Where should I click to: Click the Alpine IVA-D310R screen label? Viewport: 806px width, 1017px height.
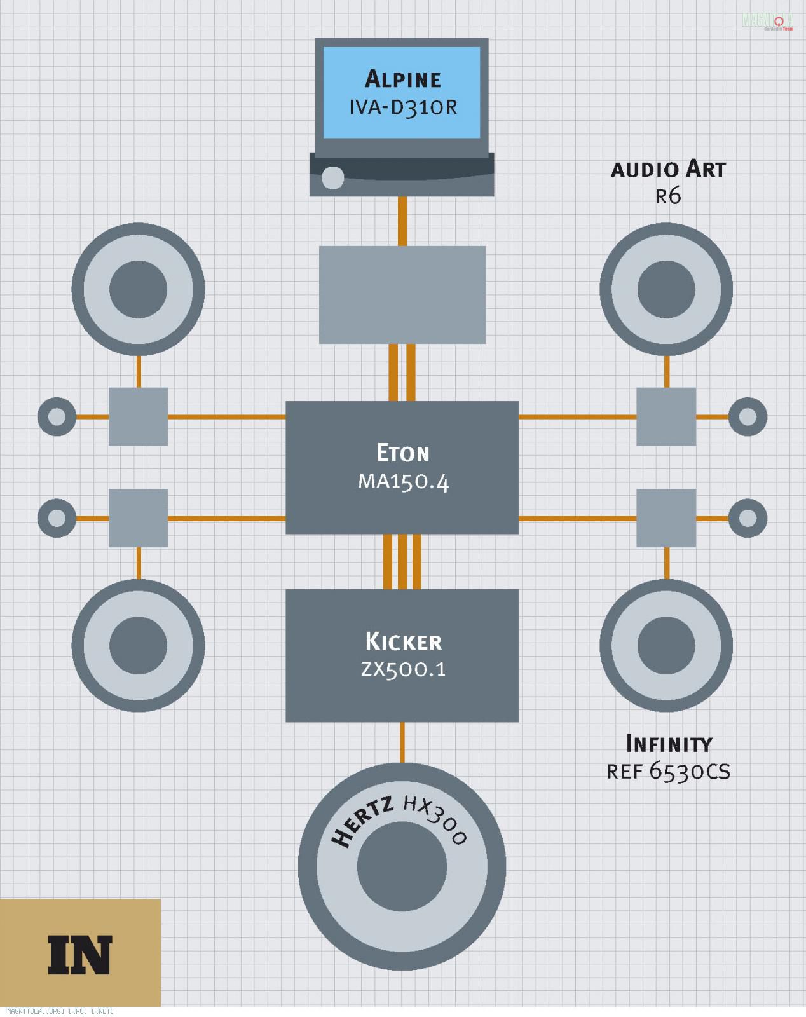402,92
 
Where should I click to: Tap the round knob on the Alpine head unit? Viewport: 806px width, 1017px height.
332,178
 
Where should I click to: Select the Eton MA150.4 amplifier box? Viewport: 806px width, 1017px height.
402,467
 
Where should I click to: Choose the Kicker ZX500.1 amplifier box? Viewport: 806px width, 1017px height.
402,655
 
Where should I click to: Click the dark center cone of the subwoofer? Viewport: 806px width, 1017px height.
402,866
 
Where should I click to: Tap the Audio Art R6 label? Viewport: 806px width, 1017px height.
668,181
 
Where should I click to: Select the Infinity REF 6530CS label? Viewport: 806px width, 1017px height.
669,757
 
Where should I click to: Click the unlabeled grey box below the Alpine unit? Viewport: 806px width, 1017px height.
402,295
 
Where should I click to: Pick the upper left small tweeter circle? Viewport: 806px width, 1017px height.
57,417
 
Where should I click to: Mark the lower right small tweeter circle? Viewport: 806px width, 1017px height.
748,519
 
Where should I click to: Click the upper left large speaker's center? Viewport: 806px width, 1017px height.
138,289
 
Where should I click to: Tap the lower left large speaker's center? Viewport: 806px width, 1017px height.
138,645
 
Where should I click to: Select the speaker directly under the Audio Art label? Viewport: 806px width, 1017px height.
666,289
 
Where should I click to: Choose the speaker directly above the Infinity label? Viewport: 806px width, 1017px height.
666,645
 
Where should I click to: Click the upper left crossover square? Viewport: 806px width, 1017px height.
138,417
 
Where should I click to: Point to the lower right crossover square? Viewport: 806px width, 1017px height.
666,518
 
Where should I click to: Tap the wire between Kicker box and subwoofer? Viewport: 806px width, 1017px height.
402,742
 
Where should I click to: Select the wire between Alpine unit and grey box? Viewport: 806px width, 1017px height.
402,221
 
